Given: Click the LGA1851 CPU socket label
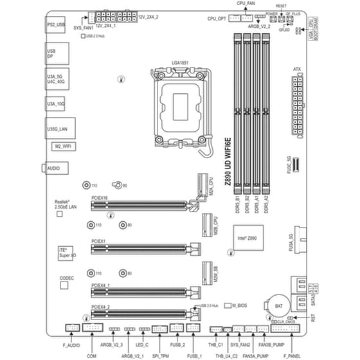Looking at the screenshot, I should coord(179,62).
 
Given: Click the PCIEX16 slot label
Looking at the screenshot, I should coord(100,199).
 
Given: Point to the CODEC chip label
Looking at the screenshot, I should coord(67,278).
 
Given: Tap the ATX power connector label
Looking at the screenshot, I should coord(297,67).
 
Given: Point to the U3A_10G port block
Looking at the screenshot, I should coord(56,102).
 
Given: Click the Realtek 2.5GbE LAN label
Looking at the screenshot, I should coord(66,205).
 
